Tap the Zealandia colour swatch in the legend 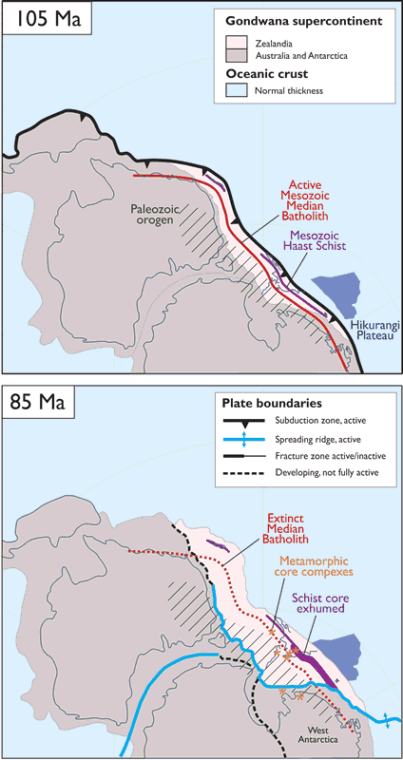(x=240, y=43)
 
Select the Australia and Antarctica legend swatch (x=240, y=55)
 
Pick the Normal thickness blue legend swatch (x=240, y=89)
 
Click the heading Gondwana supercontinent (x=303, y=22)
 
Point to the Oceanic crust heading (x=266, y=75)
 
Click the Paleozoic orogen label (x=154, y=215)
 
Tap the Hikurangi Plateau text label (x=372, y=330)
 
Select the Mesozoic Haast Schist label (x=317, y=240)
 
